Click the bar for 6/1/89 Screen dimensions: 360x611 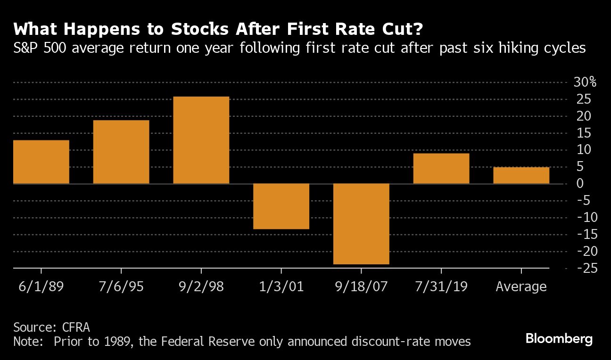pos(41,162)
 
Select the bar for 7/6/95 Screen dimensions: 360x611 pos(121,152)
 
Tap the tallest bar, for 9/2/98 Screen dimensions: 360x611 pos(201,140)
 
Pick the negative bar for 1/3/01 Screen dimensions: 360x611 pos(281,206)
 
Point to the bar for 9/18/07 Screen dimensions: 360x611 pos(361,224)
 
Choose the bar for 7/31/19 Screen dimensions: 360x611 pos(441,168)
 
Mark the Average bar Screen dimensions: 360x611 pos(521,175)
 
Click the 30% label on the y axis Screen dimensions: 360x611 pos(584,82)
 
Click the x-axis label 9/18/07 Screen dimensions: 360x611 pos(361,286)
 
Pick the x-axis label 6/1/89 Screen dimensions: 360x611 pos(41,286)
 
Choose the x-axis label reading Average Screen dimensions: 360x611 pos(521,286)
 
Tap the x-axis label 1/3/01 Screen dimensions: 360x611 pos(281,286)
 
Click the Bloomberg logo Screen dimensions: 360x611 pos(559,338)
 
